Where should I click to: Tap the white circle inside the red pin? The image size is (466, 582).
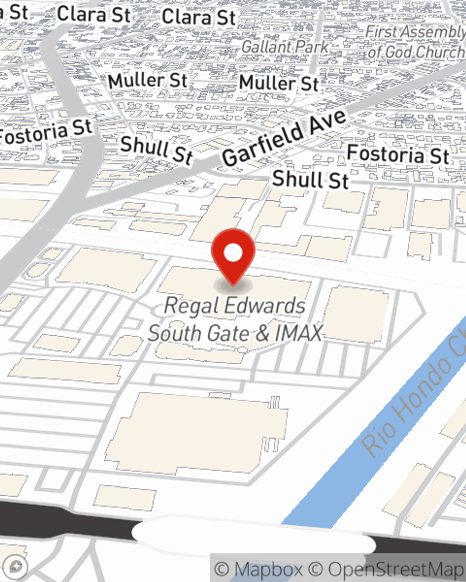click(233, 253)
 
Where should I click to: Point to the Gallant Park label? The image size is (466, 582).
click(285, 47)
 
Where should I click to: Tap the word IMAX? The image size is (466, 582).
click(298, 333)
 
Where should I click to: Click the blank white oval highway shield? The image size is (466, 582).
click(254, 531)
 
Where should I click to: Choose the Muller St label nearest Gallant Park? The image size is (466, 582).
click(279, 83)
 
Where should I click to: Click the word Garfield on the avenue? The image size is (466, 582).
click(263, 145)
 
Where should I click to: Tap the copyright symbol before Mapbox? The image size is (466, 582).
click(222, 569)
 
